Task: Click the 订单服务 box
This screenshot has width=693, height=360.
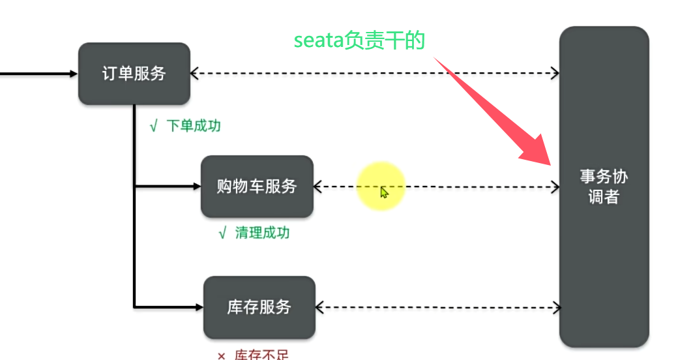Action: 134,74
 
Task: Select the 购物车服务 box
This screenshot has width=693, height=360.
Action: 257,187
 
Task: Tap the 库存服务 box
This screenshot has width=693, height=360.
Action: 259,307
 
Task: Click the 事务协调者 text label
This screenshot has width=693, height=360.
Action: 604,187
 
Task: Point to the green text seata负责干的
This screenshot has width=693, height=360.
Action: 359,41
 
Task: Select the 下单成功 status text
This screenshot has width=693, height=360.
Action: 194,126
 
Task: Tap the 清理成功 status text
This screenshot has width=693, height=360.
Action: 262,233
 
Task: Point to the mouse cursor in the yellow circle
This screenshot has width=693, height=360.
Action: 384,192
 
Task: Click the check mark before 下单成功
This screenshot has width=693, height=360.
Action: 153,127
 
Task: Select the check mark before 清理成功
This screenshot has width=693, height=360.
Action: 222,233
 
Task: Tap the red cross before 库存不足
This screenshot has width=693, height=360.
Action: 221,355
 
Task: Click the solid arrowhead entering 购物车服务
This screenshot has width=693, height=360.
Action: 197,187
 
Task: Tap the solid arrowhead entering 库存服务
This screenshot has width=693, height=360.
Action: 199,307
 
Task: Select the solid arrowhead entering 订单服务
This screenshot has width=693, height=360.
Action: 74,74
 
